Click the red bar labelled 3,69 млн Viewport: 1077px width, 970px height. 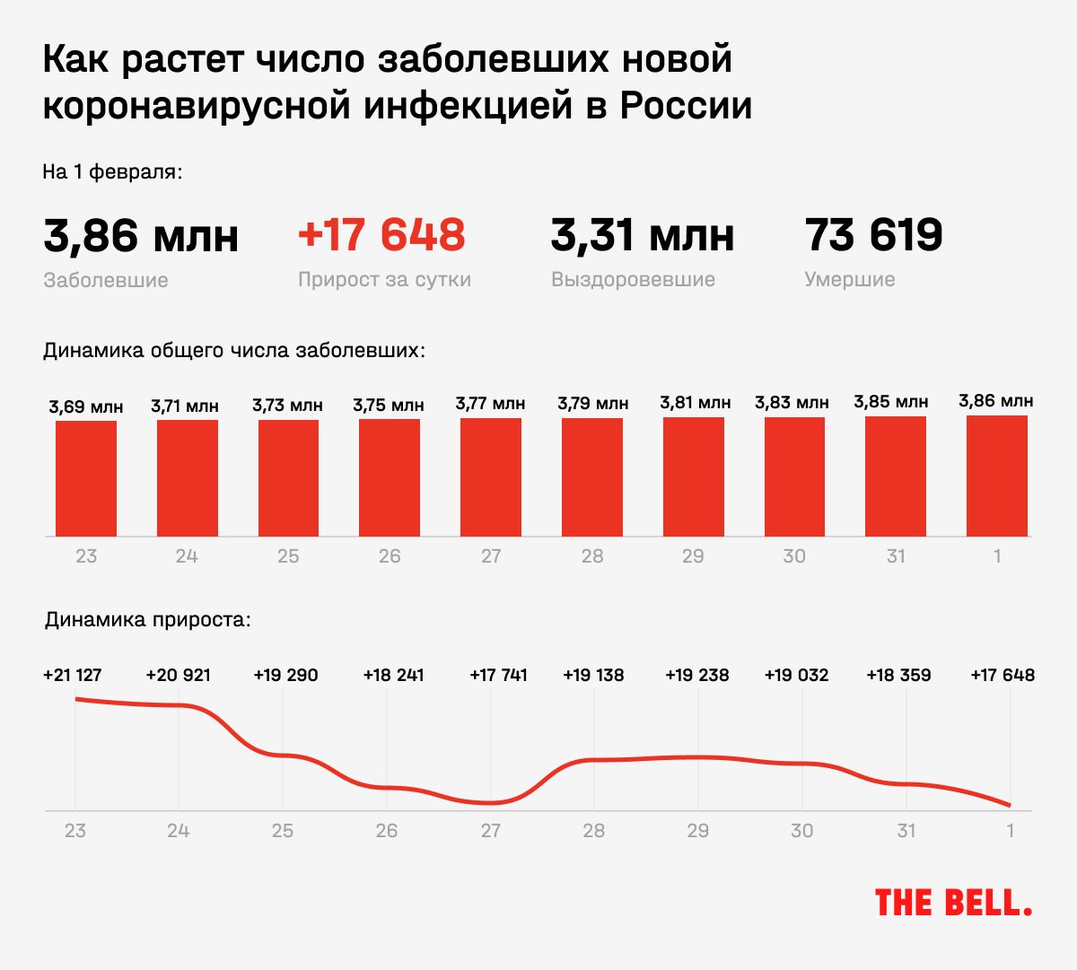pyautogui.click(x=86, y=478)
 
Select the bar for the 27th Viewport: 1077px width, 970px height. pyautogui.click(x=491, y=477)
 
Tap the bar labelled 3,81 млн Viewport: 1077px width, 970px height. pyautogui.click(x=694, y=476)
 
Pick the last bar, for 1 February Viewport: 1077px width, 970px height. pyautogui.click(x=997, y=476)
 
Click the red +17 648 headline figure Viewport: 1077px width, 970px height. pyautogui.click(x=381, y=235)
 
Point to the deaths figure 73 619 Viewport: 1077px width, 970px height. pyautogui.click(x=873, y=235)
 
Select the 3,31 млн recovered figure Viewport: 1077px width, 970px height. pyautogui.click(x=642, y=235)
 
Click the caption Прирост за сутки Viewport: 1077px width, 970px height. pyautogui.click(x=384, y=279)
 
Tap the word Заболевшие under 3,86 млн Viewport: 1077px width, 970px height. pyautogui.click(x=106, y=280)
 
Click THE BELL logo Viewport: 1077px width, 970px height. pyautogui.click(x=953, y=903)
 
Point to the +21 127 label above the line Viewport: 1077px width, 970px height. pyautogui.click(x=73, y=675)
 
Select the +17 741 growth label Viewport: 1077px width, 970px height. pyautogui.click(x=498, y=675)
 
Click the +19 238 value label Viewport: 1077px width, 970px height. pyautogui.click(x=697, y=675)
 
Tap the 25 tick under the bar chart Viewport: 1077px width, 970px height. pyautogui.click(x=288, y=556)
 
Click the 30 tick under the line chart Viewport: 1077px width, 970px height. pyautogui.click(x=801, y=831)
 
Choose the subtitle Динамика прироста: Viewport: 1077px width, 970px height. pyautogui.click(x=148, y=620)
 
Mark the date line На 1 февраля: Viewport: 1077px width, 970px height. pyautogui.click(x=112, y=171)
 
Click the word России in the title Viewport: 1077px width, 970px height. pyautogui.click(x=686, y=106)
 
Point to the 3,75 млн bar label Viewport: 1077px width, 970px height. pyautogui.click(x=389, y=406)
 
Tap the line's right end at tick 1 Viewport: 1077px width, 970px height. pyautogui.click(x=1010, y=805)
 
